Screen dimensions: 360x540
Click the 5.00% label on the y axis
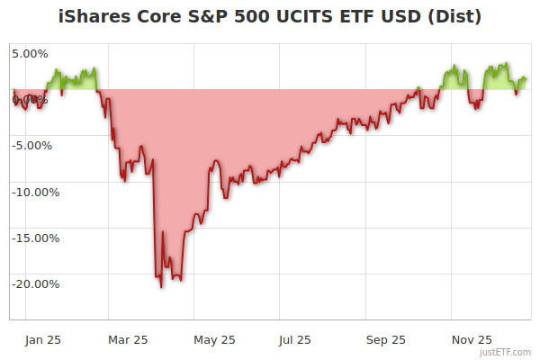(30, 52)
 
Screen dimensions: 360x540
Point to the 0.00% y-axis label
(30, 98)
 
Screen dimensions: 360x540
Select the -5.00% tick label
(32, 145)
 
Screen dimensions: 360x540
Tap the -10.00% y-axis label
(35, 192)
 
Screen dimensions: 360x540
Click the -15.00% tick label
(35, 238)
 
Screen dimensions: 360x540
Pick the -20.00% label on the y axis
(35, 284)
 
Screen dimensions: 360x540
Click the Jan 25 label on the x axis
(42, 339)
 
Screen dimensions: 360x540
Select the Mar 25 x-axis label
(127, 339)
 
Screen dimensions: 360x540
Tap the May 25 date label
(214, 339)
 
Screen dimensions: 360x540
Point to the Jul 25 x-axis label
(295, 339)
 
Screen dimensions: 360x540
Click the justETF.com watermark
(506, 353)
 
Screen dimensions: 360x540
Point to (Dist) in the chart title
(454, 16)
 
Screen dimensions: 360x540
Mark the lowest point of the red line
(161, 287)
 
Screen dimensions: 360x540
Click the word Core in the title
(161, 16)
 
